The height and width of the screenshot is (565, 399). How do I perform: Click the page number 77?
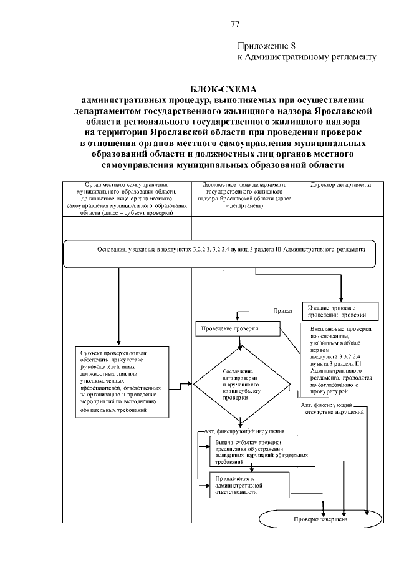(235, 24)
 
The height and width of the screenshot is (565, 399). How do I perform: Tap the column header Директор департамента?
(340, 185)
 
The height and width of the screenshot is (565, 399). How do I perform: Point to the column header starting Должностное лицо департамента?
(244, 195)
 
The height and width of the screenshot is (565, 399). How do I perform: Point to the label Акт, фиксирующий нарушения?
(244, 431)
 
